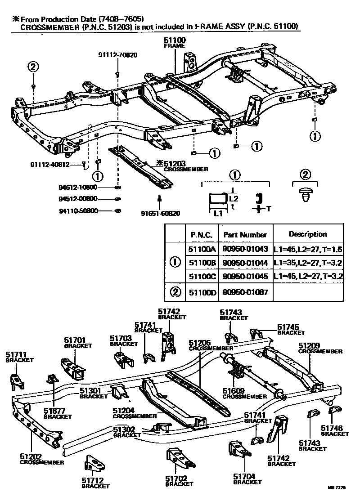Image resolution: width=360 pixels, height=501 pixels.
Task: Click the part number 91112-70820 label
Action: click(x=117, y=55)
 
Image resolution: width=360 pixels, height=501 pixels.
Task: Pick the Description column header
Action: click(x=307, y=234)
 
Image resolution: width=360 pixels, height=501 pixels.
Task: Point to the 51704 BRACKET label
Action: click(x=247, y=479)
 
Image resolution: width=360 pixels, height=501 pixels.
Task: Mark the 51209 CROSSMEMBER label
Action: click(x=320, y=348)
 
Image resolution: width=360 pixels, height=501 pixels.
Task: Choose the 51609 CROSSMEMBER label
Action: click(x=238, y=394)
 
